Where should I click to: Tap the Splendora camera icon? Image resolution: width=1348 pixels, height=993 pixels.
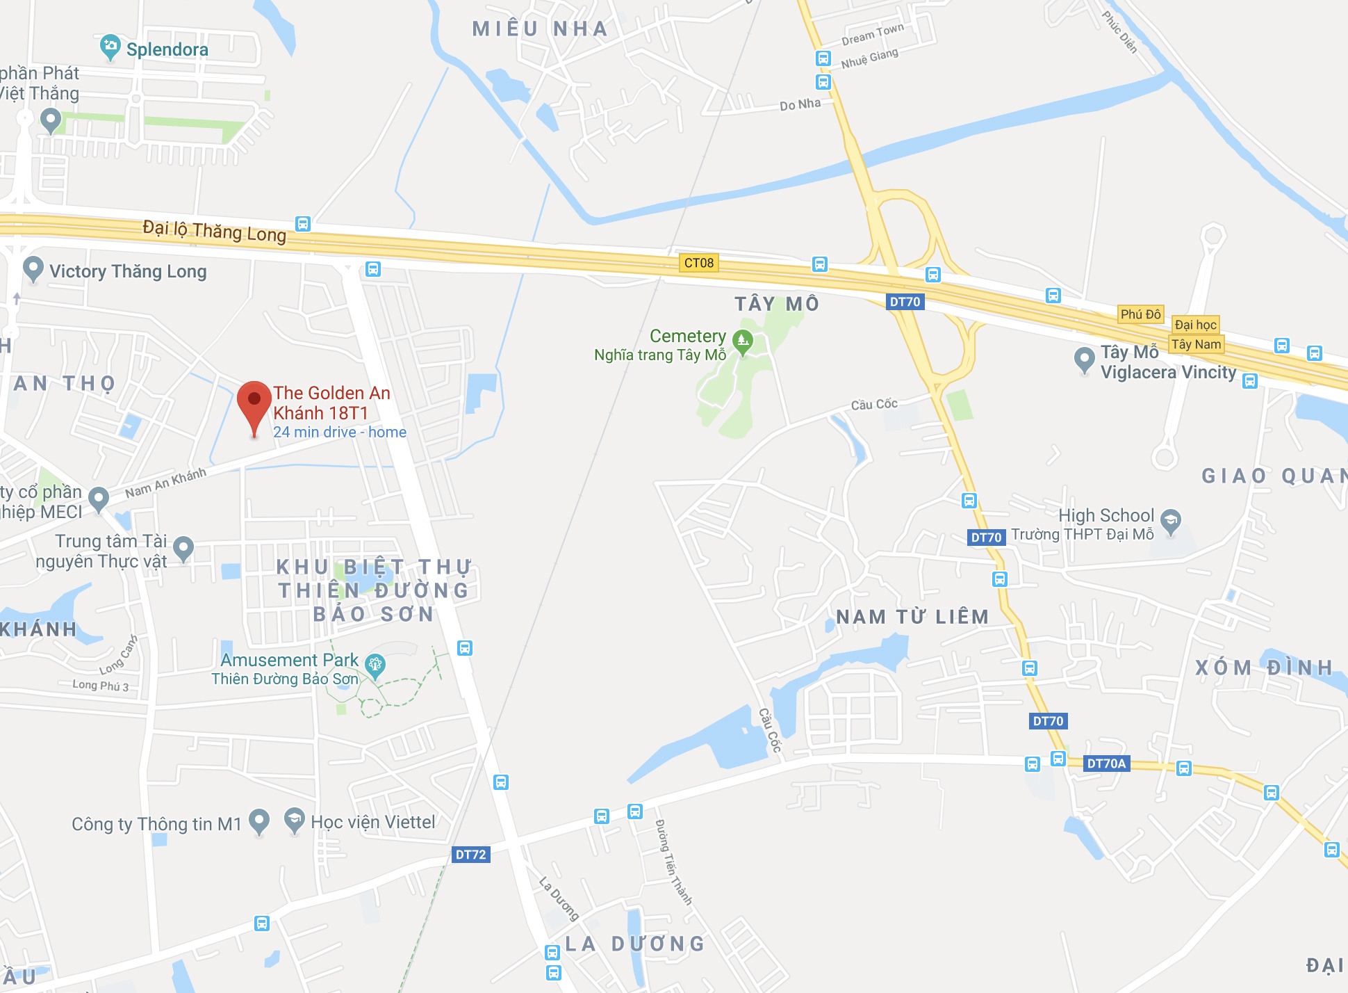[110, 47]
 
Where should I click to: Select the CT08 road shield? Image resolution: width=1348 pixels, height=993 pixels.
[698, 263]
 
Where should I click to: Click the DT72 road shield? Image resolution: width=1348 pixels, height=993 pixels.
[470, 855]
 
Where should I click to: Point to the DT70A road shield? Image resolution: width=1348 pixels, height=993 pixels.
[1106, 764]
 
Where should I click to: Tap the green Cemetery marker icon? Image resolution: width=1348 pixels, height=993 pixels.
[743, 341]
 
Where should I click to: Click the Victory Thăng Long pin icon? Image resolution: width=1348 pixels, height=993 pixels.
[33, 268]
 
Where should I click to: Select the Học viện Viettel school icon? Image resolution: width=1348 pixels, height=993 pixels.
[295, 821]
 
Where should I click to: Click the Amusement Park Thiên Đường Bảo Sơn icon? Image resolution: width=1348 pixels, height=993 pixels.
[375, 665]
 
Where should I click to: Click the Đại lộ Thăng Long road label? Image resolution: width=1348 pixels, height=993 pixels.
[214, 231]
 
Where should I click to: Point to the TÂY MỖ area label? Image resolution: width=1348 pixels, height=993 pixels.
[777, 304]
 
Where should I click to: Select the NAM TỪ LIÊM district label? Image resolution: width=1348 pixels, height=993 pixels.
[912, 617]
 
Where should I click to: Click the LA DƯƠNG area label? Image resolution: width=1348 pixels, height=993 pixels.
[635, 944]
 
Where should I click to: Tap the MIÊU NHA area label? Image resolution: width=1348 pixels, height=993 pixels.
[540, 29]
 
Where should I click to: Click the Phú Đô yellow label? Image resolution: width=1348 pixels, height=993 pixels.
[1140, 314]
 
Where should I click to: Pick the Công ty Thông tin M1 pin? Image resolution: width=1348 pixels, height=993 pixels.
[259, 821]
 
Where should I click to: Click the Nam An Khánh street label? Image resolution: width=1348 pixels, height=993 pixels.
[165, 483]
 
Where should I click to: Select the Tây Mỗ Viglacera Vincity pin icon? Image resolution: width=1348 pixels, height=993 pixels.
[1084, 359]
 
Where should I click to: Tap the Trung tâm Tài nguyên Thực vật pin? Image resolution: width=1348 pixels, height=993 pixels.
[183, 547]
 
